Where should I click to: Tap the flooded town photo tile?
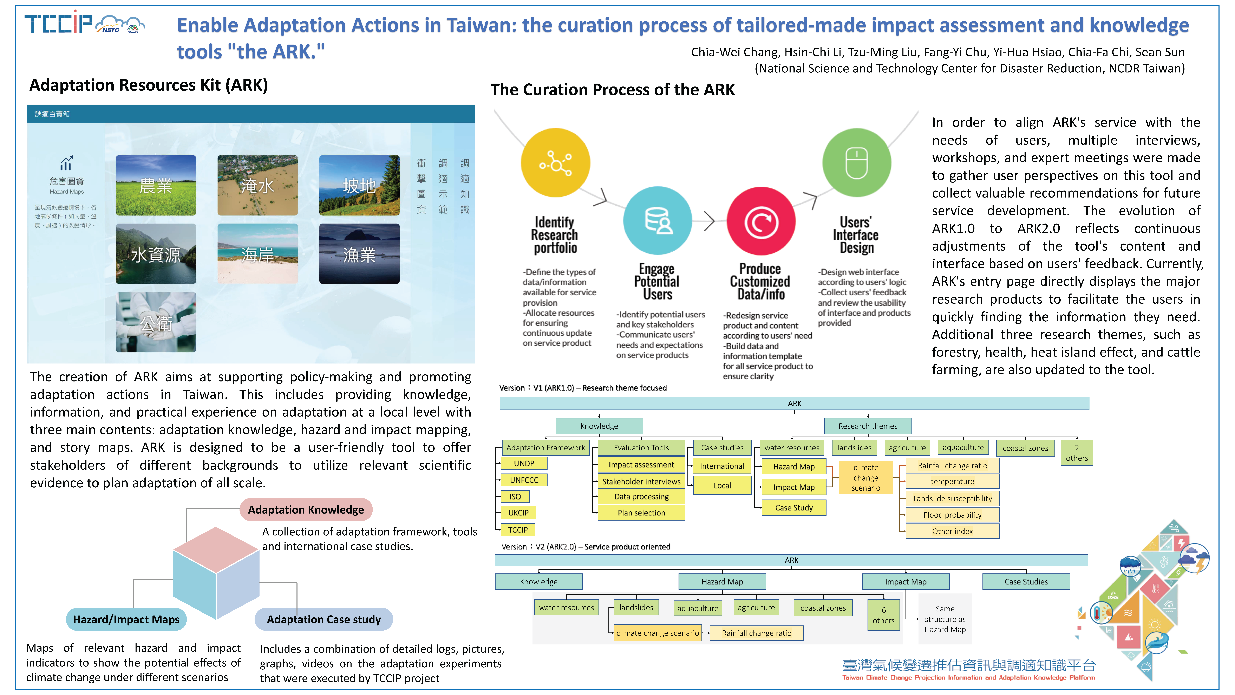[x=257, y=185]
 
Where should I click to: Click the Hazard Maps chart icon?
[x=66, y=163]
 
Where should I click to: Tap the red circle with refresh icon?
[x=761, y=221]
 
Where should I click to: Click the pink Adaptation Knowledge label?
[x=306, y=509]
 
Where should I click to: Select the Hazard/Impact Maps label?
[x=126, y=619]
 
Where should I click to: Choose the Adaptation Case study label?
[x=324, y=619]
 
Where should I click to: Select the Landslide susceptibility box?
[x=952, y=498]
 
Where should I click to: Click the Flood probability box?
[x=952, y=515]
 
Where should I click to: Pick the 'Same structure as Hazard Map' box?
[x=945, y=619]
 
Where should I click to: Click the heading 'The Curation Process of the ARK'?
[x=612, y=90]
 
